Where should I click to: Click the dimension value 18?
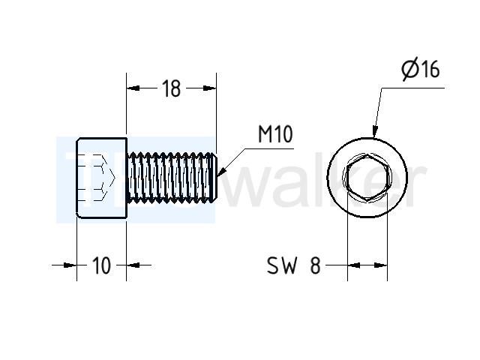tap(172, 88)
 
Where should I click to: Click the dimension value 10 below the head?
tap(101, 265)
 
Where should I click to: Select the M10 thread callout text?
tap(275, 134)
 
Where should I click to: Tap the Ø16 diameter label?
tap(421, 70)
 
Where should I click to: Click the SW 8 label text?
tap(294, 265)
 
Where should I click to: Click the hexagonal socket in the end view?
tap(367, 178)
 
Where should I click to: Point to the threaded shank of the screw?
tap(172, 178)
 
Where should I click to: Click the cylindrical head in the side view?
tap(101, 178)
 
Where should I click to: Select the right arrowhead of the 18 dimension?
tap(210, 88)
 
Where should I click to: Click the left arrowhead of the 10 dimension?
tap(70, 265)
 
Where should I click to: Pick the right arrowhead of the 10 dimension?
tap(133, 265)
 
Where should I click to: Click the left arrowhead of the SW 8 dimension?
tap(354, 265)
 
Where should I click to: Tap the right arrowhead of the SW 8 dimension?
tap(381, 265)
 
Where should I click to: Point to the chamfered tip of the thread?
tap(214, 178)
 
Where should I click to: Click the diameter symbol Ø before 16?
tap(410, 70)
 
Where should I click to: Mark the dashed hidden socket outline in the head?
tap(97, 178)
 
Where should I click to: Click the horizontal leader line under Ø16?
tap(412, 88)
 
